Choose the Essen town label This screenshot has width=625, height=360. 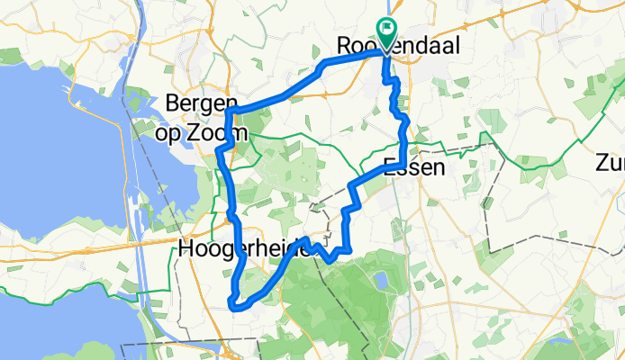tap(415, 166)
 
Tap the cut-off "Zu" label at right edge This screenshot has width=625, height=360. tap(609, 164)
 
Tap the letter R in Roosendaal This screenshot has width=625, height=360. tap(344, 45)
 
